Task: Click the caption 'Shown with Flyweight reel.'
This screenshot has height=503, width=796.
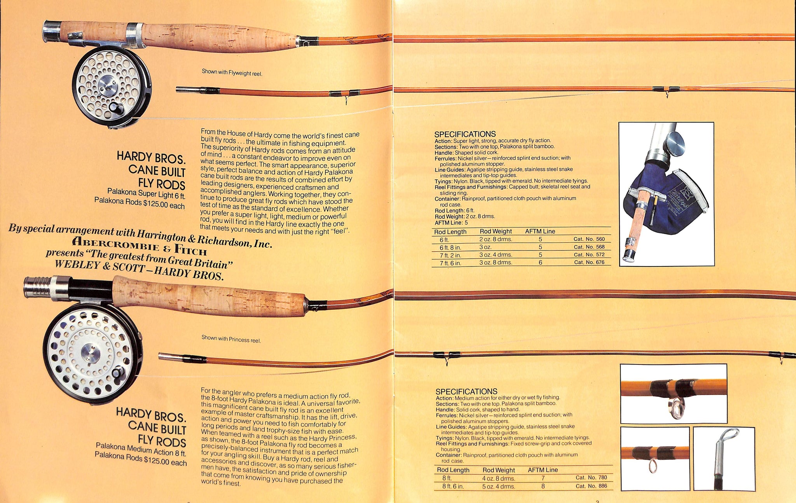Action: pyautogui.click(x=232, y=72)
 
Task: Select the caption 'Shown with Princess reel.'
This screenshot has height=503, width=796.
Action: pyautogui.click(x=231, y=339)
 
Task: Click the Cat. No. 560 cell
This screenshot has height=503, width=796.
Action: pyautogui.click(x=589, y=239)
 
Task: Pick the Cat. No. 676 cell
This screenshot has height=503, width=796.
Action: pyautogui.click(x=589, y=262)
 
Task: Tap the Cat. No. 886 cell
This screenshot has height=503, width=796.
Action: pyautogui.click(x=591, y=486)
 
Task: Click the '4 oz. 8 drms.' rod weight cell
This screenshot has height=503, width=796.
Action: pyautogui.click(x=499, y=478)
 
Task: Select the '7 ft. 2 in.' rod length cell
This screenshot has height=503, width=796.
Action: pyautogui.click(x=450, y=255)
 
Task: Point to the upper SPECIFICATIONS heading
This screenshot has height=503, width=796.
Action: pyautogui.click(x=465, y=134)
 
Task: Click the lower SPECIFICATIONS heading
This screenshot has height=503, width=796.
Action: pyautogui.click(x=466, y=391)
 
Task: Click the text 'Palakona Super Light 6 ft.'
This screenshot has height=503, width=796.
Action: pyautogui.click(x=146, y=193)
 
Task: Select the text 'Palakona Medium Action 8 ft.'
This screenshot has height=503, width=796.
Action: pyautogui.click(x=141, y=449)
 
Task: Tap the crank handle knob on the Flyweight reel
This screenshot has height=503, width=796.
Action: pyautogui.click(x=115, y=107)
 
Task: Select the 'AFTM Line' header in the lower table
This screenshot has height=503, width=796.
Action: pyautogui.click(x=543, y=470)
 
